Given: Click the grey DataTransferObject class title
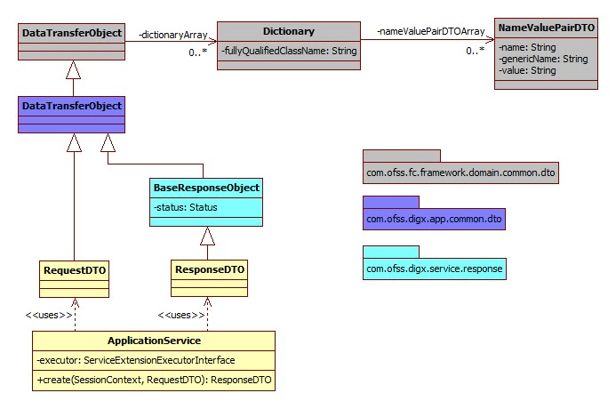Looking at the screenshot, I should pyautogui.click(x=72, y=33).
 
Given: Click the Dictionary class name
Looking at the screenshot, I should pyautogui.click(x=288, y=31).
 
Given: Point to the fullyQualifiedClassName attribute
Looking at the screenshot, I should pyautogui.click(x=288, y=52).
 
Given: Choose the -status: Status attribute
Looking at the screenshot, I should pyautogui.click(x=186, y=207).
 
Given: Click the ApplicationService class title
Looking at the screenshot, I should pyautogui.click(x=154, y=341).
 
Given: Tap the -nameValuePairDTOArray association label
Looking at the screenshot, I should pyautogui.click(x=429, y=31).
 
